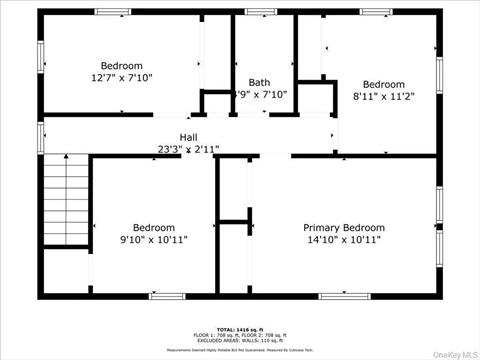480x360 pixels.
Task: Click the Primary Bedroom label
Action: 344,228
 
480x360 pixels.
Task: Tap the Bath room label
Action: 259,83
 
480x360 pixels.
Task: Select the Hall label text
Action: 188,137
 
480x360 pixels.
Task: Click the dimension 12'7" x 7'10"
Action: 121,77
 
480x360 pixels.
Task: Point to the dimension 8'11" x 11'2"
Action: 383,97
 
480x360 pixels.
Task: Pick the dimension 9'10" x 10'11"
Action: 153,240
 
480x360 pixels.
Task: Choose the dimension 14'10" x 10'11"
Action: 344,240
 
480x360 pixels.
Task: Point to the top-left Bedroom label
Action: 121,65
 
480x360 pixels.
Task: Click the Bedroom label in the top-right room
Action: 383,84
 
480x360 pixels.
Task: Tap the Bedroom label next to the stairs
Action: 153,227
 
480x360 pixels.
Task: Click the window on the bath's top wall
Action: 261,12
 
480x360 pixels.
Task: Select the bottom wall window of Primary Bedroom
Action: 337,295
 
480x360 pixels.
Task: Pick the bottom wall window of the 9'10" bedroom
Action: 166,295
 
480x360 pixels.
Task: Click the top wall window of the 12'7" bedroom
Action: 113,12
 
